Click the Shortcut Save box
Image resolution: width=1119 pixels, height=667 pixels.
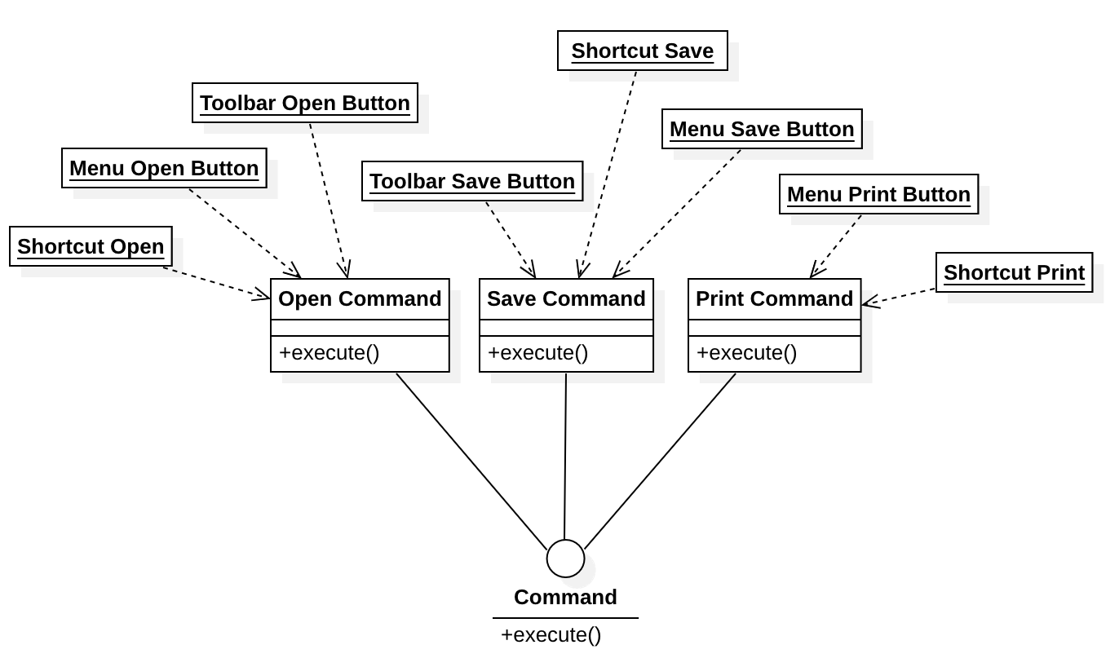click(x=642, y=51)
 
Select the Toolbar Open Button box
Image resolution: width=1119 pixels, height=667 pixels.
click(x=304, y=103)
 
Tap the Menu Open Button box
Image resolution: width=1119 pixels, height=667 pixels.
click(x=164, y=168)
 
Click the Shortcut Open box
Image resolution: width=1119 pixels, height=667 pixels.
click(x=91, y=246)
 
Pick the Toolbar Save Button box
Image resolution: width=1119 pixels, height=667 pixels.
click(x=472, y=181)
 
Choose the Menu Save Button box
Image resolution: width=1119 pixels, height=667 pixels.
click(x=762, y=129)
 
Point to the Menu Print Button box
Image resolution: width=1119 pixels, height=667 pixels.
click(x=878, y=194)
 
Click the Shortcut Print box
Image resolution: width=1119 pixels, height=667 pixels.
click(x=1014, y=272)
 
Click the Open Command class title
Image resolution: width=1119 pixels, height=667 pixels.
click(x=360, y=299)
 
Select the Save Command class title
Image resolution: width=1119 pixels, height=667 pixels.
click(x=566, y=299)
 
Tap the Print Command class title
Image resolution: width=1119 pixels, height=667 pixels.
click(x=774, y=299)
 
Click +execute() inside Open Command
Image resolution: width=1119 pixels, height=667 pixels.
click(x=330, y=353)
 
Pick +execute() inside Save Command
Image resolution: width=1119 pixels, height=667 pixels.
click(x=538, y=353)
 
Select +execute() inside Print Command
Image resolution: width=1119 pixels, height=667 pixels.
click(x=747, y=353)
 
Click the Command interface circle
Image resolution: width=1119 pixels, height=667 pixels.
click(x=565, y=559)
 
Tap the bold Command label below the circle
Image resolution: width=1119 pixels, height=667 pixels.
click(x=565, y=597)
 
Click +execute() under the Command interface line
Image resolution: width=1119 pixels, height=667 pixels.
click(x=551, y=635)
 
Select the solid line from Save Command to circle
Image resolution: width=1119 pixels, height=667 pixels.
click(x=565, y=457)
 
